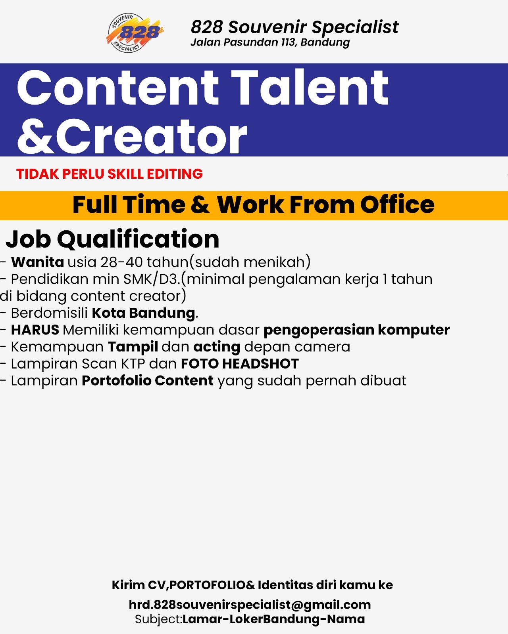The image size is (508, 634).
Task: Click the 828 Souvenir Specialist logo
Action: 135,33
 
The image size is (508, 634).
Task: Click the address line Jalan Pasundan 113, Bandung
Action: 270,42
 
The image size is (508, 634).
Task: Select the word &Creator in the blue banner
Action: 132,136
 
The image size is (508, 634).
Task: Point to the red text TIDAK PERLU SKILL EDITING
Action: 110,174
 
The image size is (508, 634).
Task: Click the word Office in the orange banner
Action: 397,204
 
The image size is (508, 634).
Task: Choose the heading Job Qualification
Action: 112,239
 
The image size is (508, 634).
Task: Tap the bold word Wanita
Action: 37,262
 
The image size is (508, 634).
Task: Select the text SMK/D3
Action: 152,279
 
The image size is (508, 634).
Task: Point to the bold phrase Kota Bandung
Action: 143,313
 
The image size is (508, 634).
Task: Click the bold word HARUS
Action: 35,330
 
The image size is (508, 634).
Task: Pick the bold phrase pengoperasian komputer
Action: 356,330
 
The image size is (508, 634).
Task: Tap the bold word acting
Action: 217,347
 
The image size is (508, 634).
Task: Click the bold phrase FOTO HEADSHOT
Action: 240,363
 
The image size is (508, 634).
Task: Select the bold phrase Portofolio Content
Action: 148,380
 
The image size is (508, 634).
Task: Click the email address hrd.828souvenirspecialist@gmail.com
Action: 250,605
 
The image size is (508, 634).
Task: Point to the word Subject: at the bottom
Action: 158,620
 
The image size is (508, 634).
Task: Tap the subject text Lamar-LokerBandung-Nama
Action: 273,619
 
